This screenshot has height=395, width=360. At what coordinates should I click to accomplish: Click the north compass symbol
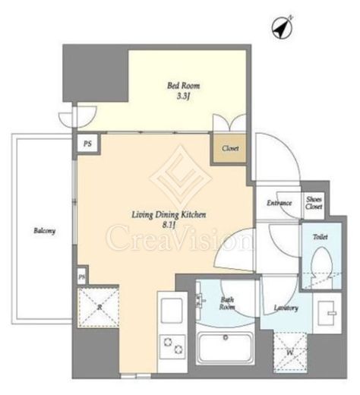283,28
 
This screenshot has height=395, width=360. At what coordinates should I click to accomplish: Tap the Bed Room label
183,86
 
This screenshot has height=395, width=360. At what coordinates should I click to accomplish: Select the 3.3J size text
183,96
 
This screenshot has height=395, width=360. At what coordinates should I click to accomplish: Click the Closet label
230,148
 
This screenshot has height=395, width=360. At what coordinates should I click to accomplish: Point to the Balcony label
45,231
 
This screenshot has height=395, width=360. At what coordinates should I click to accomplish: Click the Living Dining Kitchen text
169,215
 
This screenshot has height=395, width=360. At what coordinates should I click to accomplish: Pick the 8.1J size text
169,225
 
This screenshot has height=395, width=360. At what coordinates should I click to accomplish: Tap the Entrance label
279,203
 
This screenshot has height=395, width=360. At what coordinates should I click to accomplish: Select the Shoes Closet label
314,203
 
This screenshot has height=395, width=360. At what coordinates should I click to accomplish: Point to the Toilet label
321,237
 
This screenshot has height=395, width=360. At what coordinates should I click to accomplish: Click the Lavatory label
286,308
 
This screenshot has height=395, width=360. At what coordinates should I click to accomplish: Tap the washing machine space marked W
290,352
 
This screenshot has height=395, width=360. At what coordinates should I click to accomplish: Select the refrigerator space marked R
98,307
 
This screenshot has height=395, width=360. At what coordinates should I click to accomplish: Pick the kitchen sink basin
172,311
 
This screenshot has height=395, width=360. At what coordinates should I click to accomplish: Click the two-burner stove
172,346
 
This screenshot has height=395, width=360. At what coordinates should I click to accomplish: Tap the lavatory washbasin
326,313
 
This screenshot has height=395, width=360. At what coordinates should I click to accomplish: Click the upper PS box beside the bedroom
87,144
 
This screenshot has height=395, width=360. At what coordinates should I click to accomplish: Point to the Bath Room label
227,303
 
